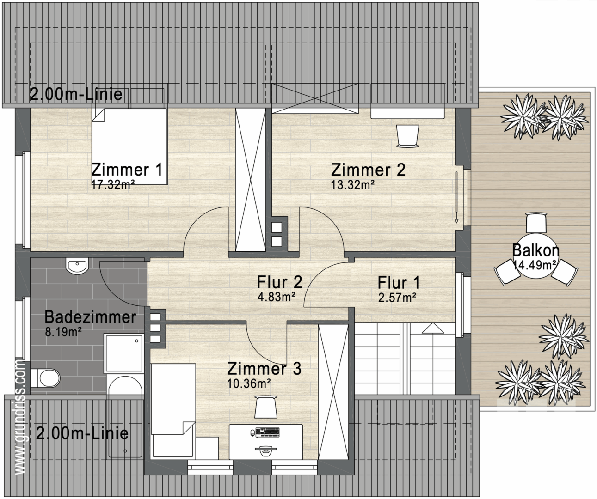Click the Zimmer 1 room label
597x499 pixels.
(127, 170)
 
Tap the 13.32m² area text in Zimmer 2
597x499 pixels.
(352, 185)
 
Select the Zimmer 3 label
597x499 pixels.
(264, 369)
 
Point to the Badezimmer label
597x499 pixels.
(90, 317)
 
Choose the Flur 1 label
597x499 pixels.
(398, 282)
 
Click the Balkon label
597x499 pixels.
(535, 250)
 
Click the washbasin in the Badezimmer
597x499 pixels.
(77, 266)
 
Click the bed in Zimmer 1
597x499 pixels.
(129, 146)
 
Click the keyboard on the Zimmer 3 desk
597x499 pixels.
(265, 432)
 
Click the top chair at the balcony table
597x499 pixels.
(536, 223)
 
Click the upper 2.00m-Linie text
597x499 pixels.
(76, 94)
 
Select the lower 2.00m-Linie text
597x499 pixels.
(82, 433)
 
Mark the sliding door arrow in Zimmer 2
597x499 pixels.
(456, 197)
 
